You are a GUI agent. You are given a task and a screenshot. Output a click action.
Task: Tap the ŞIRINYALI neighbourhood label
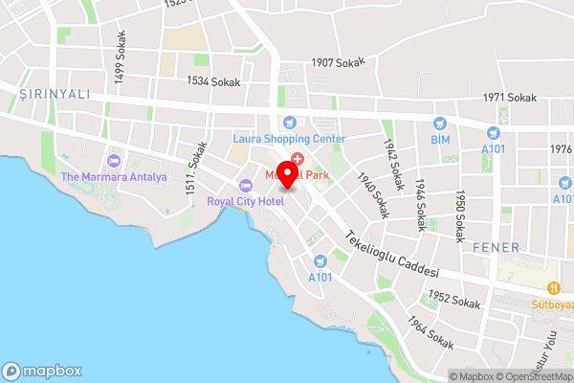(55, 94)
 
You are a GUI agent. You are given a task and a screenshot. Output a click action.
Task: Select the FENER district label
(496, 247)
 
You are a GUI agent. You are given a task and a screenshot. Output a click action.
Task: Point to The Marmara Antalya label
(114, 176)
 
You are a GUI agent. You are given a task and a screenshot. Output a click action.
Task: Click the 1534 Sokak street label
(213, 82)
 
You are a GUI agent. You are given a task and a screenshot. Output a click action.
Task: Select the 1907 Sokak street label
(337, 63)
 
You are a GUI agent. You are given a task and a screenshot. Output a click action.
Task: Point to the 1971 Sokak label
(510, 98)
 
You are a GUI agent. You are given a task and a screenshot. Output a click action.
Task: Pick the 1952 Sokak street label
(453, 299)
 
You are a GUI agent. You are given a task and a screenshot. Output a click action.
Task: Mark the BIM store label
(440, 139)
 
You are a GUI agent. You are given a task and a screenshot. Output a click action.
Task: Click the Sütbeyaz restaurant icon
(552, 288)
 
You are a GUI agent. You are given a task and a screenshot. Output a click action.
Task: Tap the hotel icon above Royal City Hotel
(246, 185)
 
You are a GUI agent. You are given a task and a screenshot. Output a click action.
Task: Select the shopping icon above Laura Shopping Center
(288, 123)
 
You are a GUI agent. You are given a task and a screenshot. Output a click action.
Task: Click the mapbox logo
(42, 371)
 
